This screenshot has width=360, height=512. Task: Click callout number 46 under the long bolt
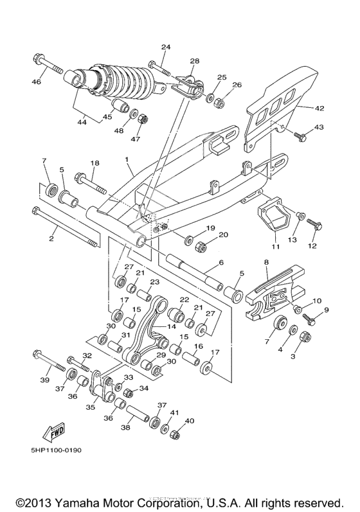(36, 82)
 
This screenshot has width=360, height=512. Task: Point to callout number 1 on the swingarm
(127, 158)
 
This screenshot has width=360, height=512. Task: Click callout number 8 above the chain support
(265, 262)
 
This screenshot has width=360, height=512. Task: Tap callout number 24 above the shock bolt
(166, 48)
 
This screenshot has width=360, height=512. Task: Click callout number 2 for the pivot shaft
(50, 238)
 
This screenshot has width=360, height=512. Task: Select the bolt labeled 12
(314, 224)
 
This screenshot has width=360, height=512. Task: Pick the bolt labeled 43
(300, 136)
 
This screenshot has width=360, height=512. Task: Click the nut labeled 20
(200, 246)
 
